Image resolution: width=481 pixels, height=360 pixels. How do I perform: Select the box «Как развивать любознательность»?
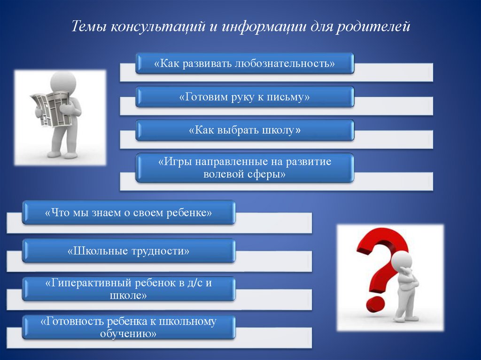click(244, 63)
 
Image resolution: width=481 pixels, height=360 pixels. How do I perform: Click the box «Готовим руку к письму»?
click(244, 97)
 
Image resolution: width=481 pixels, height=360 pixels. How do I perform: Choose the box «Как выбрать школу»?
click(244, 130)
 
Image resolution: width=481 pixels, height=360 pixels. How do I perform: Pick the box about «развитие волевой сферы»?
click(244, 168)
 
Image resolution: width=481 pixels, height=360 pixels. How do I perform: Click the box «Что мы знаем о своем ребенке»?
click(128, 213)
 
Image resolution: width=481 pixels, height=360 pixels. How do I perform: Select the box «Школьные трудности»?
click(128, 251)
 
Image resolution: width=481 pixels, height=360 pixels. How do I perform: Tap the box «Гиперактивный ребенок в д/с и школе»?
click(128, 289)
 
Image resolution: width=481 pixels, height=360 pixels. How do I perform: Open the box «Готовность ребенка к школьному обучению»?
click(128, 327)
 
